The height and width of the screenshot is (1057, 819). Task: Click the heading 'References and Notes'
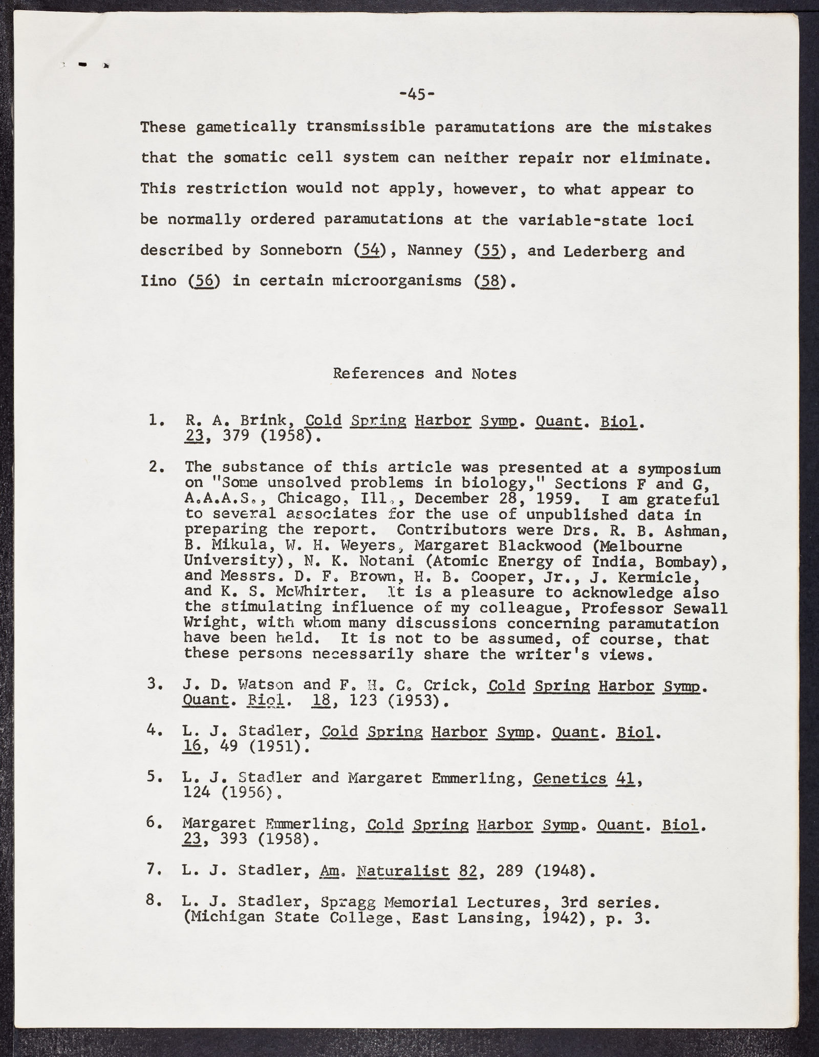[x=424, y=373]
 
